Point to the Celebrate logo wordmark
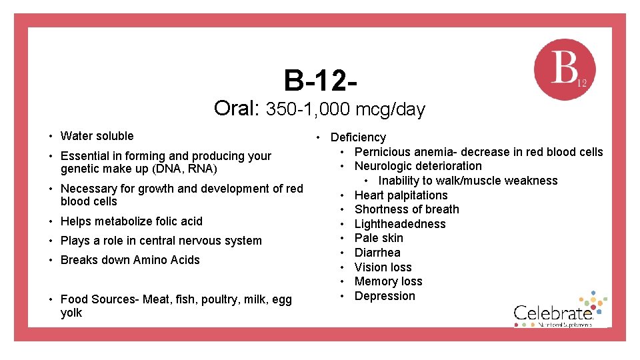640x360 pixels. tap(553, 312)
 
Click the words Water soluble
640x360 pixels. tap(97, 136)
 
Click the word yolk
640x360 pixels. tap(71, 313)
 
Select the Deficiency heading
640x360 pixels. tap(358, 137)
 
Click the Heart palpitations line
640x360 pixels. tap(401, 195)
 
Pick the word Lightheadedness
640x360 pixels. tap(400, 224)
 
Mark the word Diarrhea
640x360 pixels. tap(377, 253)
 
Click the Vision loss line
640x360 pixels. tap(383, 267)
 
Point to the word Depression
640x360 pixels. tap(385, 296)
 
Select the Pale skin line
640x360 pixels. tap(379, 238)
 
